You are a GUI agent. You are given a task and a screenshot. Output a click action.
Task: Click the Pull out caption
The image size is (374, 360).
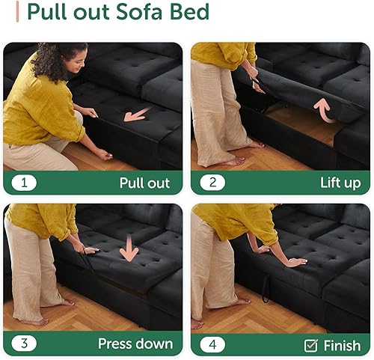[144, 183]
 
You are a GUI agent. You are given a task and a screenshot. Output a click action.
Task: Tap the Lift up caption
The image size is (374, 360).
[340, 183]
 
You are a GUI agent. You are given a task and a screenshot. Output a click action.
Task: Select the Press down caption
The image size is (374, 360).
[135, 344]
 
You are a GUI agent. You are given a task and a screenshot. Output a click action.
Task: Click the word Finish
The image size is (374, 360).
[342, 345]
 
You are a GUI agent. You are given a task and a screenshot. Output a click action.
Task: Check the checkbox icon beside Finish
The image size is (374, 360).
[311, 345]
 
